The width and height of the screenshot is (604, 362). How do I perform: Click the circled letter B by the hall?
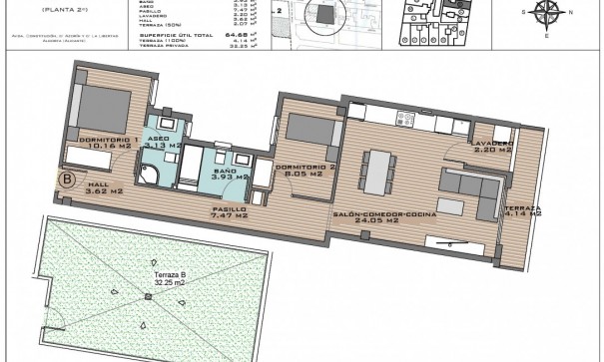(67, 181)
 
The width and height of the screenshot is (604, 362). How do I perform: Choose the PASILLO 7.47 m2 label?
(229, 209)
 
